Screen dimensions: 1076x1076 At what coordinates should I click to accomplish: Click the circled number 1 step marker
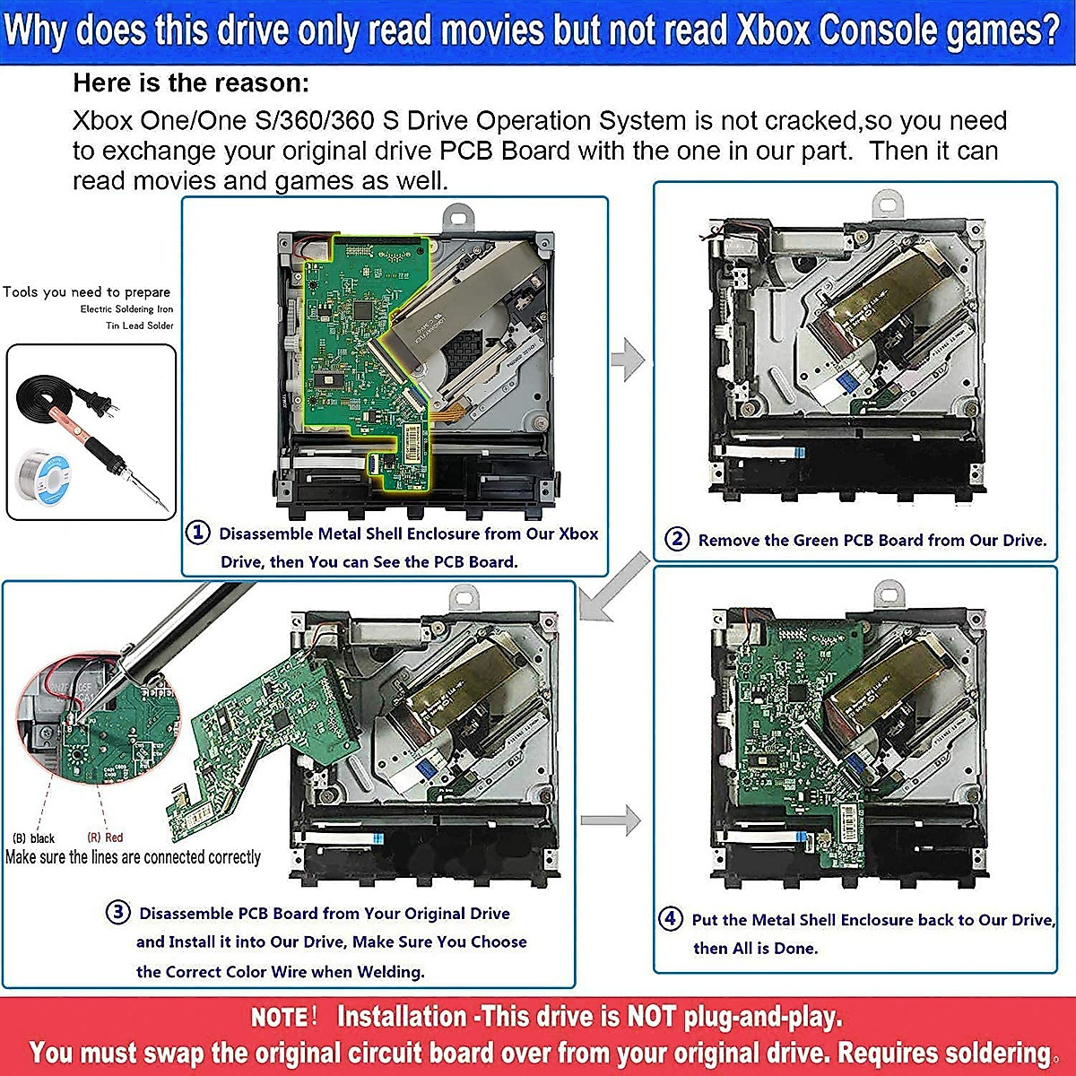point(197,533)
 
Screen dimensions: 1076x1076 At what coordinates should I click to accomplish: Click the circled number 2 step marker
point(676,539)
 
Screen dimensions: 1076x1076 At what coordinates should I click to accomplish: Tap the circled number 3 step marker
point(118,913)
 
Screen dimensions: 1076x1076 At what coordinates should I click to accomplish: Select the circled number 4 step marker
point(670,918)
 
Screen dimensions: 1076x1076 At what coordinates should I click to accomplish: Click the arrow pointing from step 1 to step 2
point(629,360)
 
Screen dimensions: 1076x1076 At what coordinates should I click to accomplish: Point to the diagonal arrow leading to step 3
point(615,587)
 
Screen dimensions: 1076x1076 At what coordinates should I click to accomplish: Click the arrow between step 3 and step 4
point(612,820)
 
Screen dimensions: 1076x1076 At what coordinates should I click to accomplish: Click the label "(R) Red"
point(105,837)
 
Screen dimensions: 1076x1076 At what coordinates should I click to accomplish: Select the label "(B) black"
point(34,838)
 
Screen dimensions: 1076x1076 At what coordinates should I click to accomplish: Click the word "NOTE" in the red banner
point(280,1018)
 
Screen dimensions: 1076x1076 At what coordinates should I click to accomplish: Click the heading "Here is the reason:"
point(191,83)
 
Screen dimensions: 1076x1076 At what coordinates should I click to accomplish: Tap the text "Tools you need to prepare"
point(86,291)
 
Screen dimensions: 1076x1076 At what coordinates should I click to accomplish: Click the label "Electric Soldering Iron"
point(126,309)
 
